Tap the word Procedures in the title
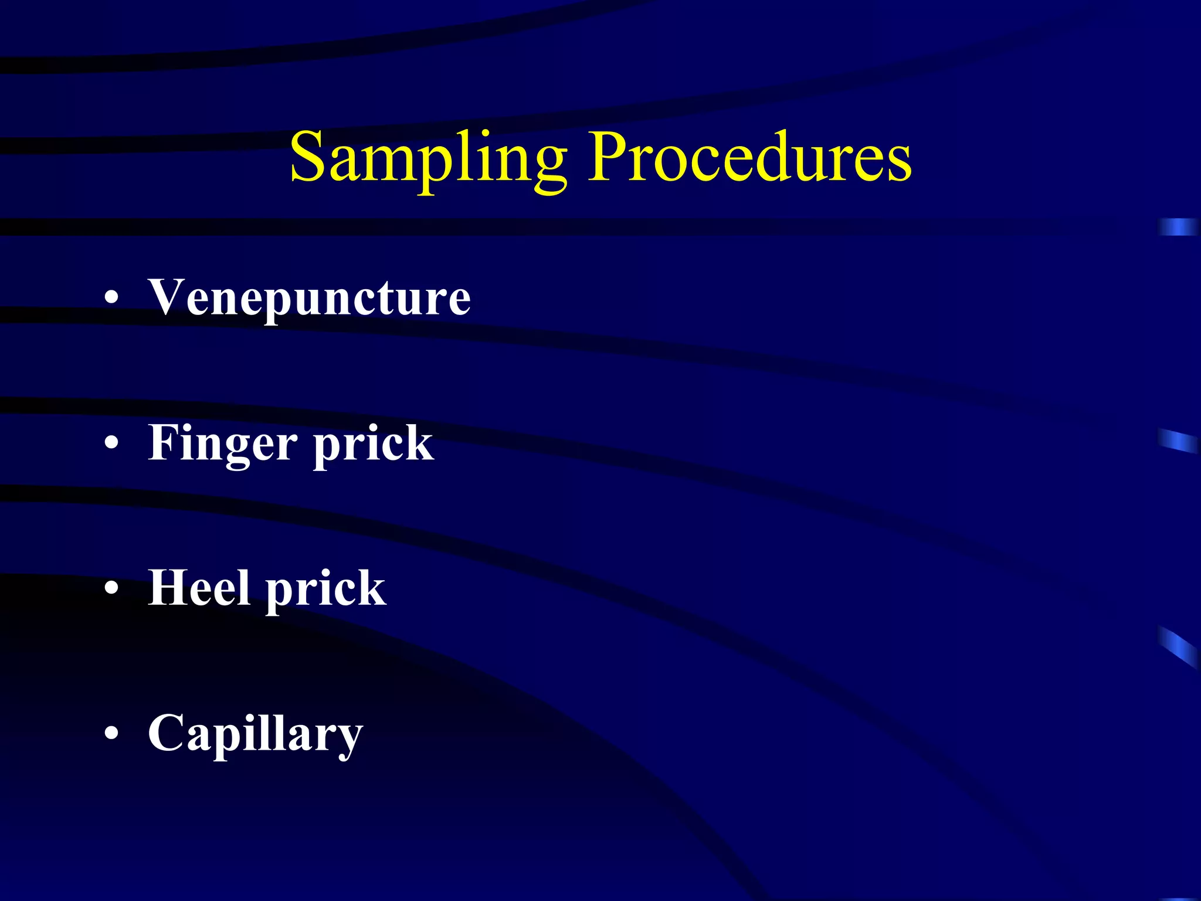click(751, 157)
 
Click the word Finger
click(223, 444)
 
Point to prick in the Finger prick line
click(374, 444)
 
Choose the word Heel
click(200, 588)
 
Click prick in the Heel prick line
click(326, 589)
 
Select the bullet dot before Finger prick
click(111, 444)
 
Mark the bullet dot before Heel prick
click(111, 588)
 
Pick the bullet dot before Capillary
click(111, 733)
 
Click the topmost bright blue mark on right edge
click(1178, 227)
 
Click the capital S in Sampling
click(309, 157)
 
